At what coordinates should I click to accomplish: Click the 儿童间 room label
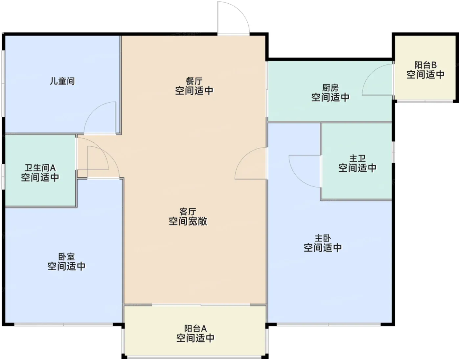62,81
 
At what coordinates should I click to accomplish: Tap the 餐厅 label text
194,81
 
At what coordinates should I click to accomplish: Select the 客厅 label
188,211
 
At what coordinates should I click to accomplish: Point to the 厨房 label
330,87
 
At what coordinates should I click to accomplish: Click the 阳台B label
425,65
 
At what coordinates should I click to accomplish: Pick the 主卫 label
357,158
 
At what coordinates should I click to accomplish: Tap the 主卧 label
323,238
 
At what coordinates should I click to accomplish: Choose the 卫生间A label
40,168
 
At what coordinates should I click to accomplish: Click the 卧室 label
66,257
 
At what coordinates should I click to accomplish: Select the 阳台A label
195,328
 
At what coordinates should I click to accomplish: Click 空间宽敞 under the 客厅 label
188,221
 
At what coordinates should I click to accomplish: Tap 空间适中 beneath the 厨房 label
330,97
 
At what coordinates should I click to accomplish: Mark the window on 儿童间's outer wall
3,83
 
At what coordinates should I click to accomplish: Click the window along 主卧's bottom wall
329,324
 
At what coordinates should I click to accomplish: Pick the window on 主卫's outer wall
393,152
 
